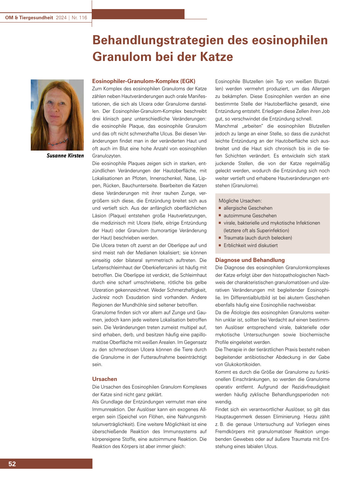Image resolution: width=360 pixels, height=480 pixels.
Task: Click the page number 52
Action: pos(12,464)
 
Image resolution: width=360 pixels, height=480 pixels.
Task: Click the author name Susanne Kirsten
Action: pos(65,156)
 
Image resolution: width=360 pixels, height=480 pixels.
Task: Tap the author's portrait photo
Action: pos(57,115)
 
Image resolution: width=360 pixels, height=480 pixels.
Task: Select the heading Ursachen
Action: pos(104,379)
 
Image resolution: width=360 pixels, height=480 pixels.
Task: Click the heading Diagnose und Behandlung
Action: pos(250,260)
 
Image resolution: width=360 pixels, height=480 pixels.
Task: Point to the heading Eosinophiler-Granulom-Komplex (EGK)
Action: pos(144,81)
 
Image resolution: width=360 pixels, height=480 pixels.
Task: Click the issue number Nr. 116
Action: pos(79,17)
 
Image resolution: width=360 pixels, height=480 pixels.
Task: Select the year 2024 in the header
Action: pos(61,17)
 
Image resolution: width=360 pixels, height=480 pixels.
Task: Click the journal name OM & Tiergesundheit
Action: pos(29,17)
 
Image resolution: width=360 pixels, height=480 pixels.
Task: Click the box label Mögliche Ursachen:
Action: pos(240,201)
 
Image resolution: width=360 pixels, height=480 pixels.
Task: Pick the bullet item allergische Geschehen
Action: pos(248,208)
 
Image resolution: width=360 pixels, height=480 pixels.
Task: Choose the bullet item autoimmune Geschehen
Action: pos(250,216)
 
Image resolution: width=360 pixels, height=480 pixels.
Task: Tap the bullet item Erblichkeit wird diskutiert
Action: pos(251,245)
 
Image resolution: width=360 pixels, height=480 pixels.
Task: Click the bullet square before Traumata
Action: pos(220,238)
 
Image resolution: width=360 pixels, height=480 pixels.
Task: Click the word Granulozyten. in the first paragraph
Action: pos(107,156)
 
